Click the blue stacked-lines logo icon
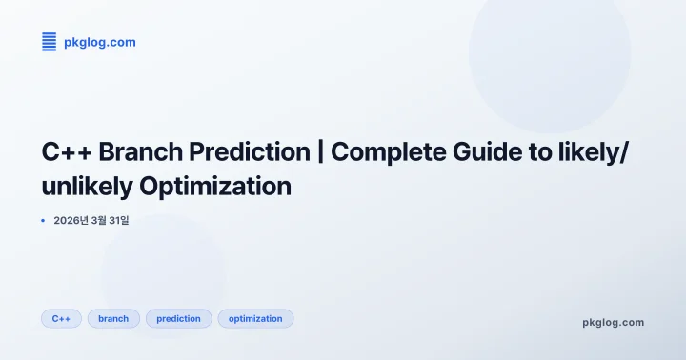click(50, 41)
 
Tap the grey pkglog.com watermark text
click(613, 322)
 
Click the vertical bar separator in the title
click(322, 153)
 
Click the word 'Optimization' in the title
click(215, 187)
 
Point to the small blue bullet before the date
click(43, 221)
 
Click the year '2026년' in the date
click(71, 221)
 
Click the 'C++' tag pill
click(61, 318)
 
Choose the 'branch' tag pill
click(113, 318)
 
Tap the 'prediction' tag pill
click(178, 318)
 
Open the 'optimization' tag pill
click(255, 318)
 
